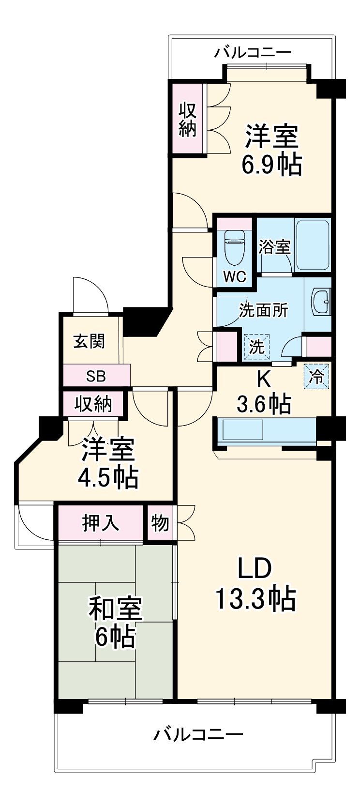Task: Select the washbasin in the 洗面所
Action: [322, 302]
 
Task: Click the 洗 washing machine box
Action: [256, 347]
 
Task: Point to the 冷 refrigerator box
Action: [317, 376]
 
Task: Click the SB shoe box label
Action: [96, 376]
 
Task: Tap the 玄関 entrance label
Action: [89, 342]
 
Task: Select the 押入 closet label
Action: [100, 523]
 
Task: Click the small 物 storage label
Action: [160, 523]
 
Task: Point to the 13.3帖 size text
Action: [255, 599]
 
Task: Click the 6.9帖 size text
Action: [271, 165]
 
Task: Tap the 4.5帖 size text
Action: [108, 478]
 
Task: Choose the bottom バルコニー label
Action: [198, 735]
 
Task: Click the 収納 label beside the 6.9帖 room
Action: [188, 120]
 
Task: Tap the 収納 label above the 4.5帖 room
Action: [93, 404]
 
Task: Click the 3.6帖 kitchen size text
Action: [264, 403]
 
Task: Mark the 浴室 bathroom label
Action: [274, 247]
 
